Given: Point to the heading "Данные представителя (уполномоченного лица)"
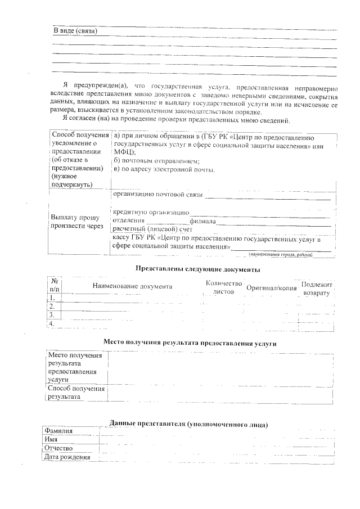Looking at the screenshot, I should (x=188, y=424).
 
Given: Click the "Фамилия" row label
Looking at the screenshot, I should (x=59, y=431).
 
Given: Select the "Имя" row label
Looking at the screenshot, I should (x=52, y=439).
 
